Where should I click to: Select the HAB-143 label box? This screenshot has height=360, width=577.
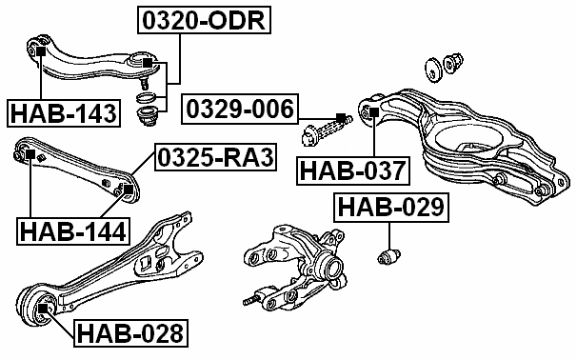(64, 114)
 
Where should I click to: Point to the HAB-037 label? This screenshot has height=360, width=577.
(353, 171)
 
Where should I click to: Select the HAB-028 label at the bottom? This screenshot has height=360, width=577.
(130, 333)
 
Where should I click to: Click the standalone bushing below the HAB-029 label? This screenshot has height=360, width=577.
(388, 255)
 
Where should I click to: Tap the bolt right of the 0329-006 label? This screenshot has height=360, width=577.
(329, 125)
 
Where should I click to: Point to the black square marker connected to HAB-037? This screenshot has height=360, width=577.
(373, 111)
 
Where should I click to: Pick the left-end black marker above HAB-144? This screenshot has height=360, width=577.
(29, 155)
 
